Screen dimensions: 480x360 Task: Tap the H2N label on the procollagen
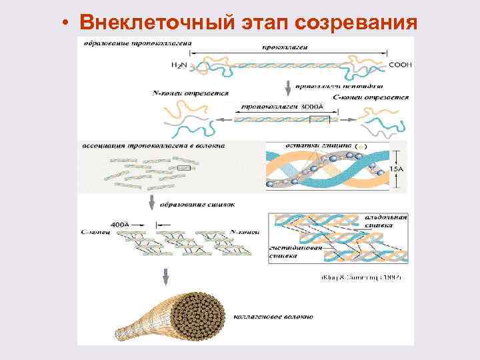click(x=179, y=65)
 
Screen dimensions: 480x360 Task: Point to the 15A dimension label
click(x=397, y=170)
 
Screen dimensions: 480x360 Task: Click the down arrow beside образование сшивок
click(x=153, y=202)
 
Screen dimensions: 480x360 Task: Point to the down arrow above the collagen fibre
click(x=166, y=275)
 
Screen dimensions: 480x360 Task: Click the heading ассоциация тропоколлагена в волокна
click(x=153, y=145)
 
